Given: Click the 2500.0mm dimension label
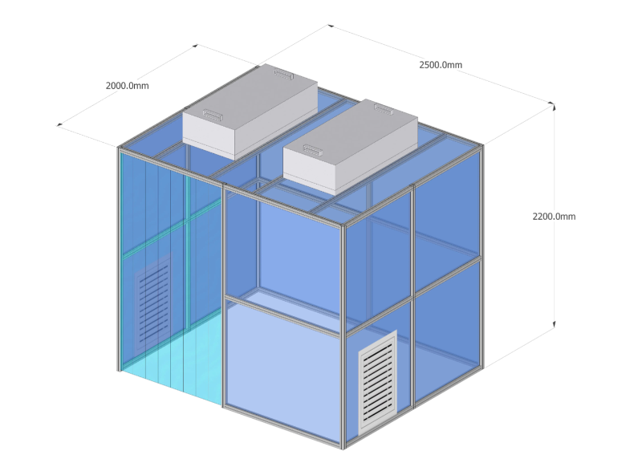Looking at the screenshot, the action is click(441, 65).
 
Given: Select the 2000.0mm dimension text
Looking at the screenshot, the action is click(128, 86).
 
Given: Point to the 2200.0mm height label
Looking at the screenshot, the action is click(555, 217).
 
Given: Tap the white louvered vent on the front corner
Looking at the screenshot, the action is click(378, 382).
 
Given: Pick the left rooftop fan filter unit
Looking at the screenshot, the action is click(250, 111).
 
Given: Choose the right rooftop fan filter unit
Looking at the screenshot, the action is click(351, 147).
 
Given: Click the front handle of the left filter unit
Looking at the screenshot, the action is click(213, 115).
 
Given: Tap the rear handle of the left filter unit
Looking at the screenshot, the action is click(283, 74).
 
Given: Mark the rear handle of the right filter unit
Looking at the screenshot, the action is click(384, 108).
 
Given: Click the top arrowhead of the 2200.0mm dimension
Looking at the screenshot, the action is click(554, 107).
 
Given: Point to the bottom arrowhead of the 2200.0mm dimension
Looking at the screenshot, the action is click(554, 324).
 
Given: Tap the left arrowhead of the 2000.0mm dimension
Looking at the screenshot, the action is click(59, 124).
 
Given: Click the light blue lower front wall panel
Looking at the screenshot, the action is click(282, 372).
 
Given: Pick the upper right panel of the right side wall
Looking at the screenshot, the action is click(447, 217).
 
